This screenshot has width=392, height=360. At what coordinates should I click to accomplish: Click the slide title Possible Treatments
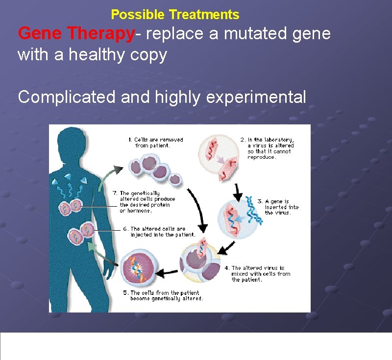pos(175,15)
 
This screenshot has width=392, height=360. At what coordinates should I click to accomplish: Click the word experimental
pos(256,97)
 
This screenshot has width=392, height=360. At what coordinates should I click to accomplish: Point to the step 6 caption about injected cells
pos(160,232)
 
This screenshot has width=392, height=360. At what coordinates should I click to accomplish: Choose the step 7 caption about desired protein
pos(147,202)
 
